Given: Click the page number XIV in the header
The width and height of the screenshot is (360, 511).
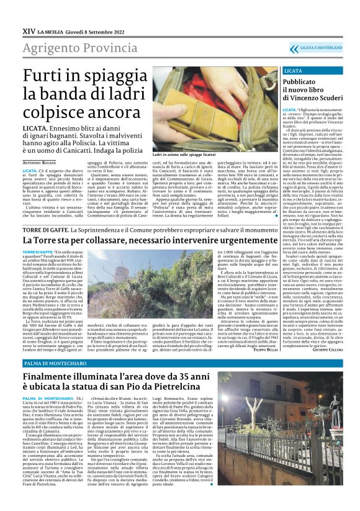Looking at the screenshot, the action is (27, 29).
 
